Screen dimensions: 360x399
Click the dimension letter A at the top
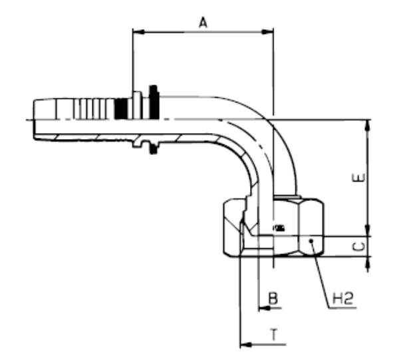203,23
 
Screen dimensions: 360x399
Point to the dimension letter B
272,299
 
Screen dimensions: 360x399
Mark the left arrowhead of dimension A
137,30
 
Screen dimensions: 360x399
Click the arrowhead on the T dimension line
244,345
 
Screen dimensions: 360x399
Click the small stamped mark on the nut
278,228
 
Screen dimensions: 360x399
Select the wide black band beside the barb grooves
122,108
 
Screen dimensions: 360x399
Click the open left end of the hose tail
33,120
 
